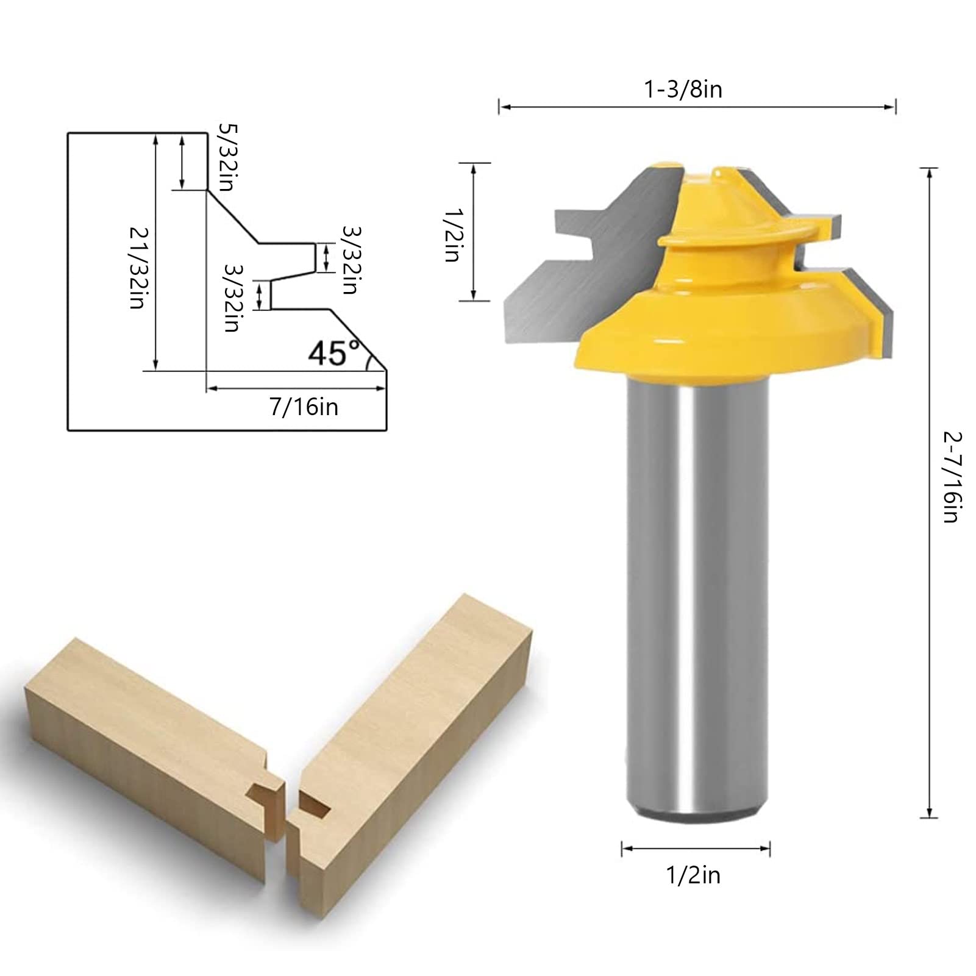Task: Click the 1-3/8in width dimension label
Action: (683, 90)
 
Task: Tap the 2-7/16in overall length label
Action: (952, 477)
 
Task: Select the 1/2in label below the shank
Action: (693, 875)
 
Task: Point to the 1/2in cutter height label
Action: (451, 235)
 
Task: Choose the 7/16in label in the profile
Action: (304, 407)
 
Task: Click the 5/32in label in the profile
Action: (226, 157)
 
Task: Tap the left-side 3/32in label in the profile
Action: (232, 297)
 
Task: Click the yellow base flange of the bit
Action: (719, 341)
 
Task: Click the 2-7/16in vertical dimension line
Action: (928, 488)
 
